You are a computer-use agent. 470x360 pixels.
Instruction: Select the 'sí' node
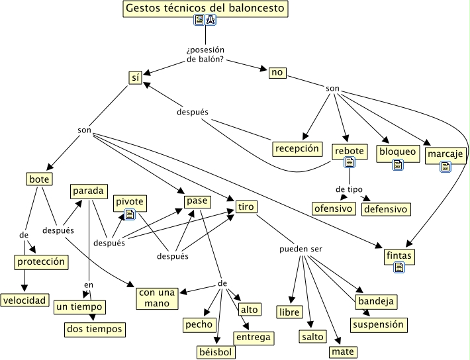click(x=136, y=77)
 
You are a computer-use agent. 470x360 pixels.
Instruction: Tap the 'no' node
click(x=277, y=72)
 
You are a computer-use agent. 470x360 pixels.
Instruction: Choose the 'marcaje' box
click(x=445, y=154)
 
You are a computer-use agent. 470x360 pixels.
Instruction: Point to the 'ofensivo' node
click(x=334, y=208)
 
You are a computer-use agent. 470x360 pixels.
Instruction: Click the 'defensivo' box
click(x=385, y=208)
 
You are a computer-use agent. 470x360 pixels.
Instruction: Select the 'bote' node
click(x=39, y=179)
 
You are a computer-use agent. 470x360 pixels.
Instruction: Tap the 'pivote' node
click(x=129, y=202)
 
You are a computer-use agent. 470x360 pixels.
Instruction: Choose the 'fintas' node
click(x=399, y=255)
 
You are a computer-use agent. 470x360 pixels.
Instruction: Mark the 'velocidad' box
click(x=24, y=300)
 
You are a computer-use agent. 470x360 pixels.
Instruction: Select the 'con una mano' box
click(x=158, y=297)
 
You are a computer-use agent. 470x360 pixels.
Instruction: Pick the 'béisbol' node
click(x=216, y=351)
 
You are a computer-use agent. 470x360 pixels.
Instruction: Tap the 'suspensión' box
click(x=377, y=325)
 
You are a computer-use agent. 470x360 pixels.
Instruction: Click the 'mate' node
click(x=343, y=351)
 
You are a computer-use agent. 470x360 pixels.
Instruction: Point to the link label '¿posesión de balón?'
click(x=206, y=55)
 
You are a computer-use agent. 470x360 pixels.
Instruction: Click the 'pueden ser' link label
click(x=300, y=249)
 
